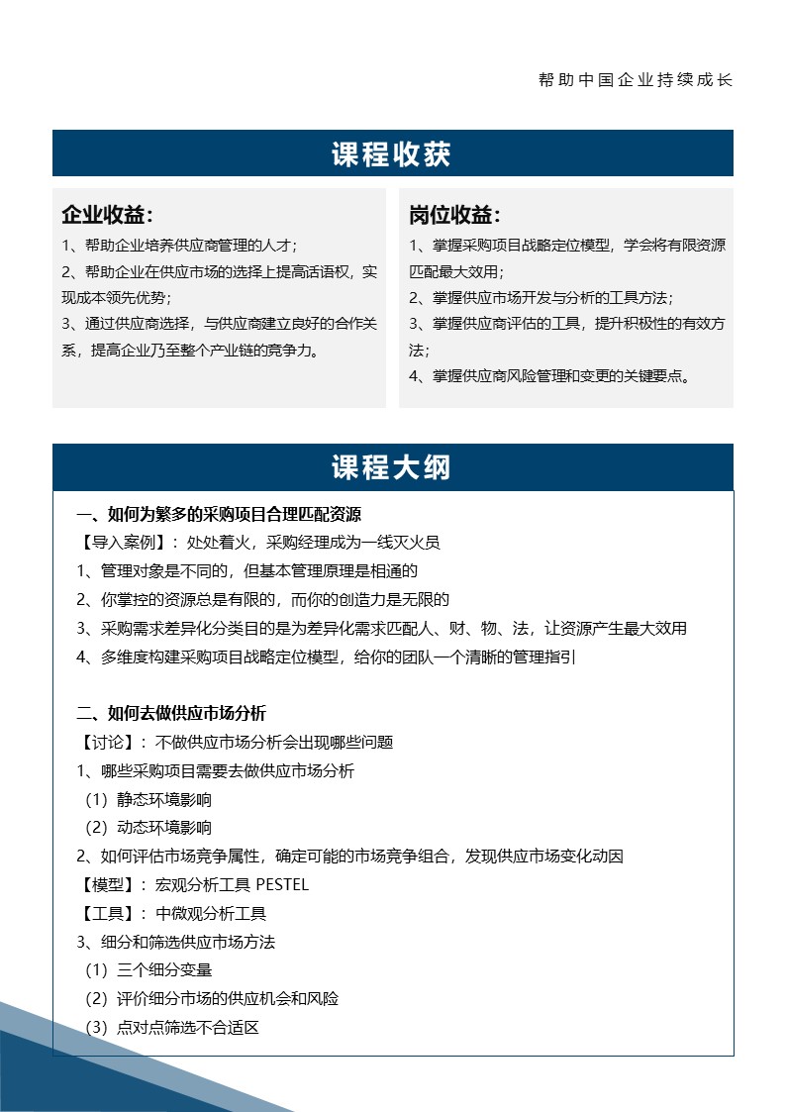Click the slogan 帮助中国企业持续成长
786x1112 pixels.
(635, 80)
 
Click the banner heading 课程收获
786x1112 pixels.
(392, 154)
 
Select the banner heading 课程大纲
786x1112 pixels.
(392, 468)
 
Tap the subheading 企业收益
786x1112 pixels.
(107, 215)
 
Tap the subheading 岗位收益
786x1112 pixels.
(454, 215)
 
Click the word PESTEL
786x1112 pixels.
(282, 884)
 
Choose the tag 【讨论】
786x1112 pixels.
(112, 742)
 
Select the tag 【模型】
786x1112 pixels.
(112, 884)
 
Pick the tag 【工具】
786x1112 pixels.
(112, 913)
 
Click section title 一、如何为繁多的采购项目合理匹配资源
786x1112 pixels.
(219, 514)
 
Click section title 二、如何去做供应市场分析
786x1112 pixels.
(171, 713)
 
